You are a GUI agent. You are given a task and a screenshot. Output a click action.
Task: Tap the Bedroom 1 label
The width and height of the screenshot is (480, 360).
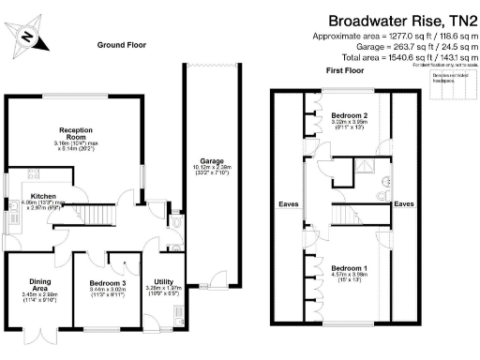pyautogui.click(x=348, y=268)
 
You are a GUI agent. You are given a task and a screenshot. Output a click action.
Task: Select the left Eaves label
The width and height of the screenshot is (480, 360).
pyautogui.click(x=286, y=202)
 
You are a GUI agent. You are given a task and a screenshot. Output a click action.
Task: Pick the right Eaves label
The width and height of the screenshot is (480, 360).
pyautogui.click(x=405, y=202)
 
